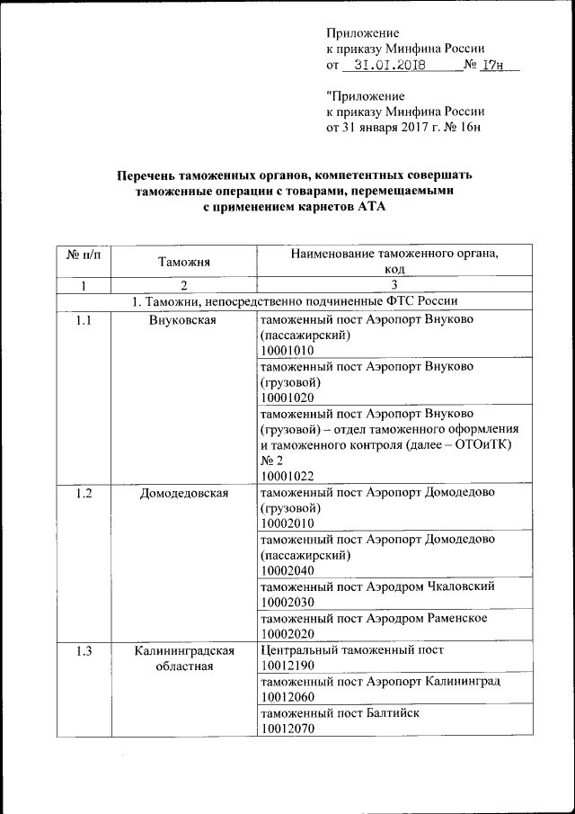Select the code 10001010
[x=287, y=350]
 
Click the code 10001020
[x=287, y=397]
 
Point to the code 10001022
[x=287, y=476]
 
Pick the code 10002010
[x=287, y=523]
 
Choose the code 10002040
[x=287, y=569]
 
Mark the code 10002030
[x=287, y=601]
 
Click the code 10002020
[x=287, y=633]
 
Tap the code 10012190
[x=287, y=665]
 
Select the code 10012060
[x=287, y=696]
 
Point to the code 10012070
[x=287, y=728]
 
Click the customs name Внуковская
[x=183, y=319]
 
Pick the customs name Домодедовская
[x=183, y=493]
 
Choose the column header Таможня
[x=183, y=262]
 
